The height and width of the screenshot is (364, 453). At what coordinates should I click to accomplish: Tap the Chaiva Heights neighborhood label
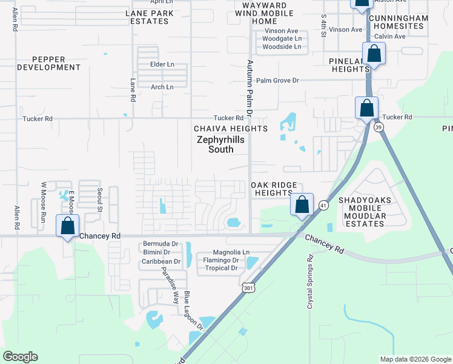230,129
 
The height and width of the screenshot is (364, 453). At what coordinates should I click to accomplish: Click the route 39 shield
379,127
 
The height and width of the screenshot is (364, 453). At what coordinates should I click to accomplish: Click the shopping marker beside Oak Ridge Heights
302,204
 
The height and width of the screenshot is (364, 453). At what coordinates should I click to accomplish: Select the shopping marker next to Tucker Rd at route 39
366,109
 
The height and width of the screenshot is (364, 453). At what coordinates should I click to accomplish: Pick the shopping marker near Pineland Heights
374,54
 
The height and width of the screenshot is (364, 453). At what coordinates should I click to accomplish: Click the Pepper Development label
49,62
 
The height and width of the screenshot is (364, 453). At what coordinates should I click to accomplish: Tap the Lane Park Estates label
148,17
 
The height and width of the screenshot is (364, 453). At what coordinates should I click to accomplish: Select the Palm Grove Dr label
277,80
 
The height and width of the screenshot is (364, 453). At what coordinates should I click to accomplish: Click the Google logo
20,357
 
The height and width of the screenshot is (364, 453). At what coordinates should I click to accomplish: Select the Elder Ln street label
163,64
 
